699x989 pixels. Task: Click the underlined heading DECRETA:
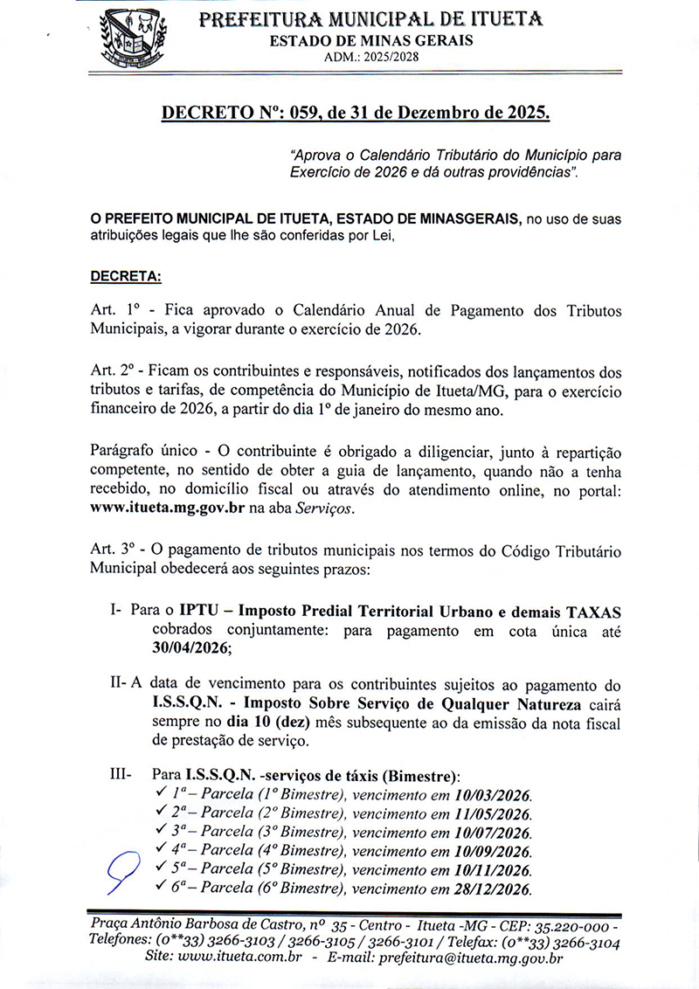(126, 277)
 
